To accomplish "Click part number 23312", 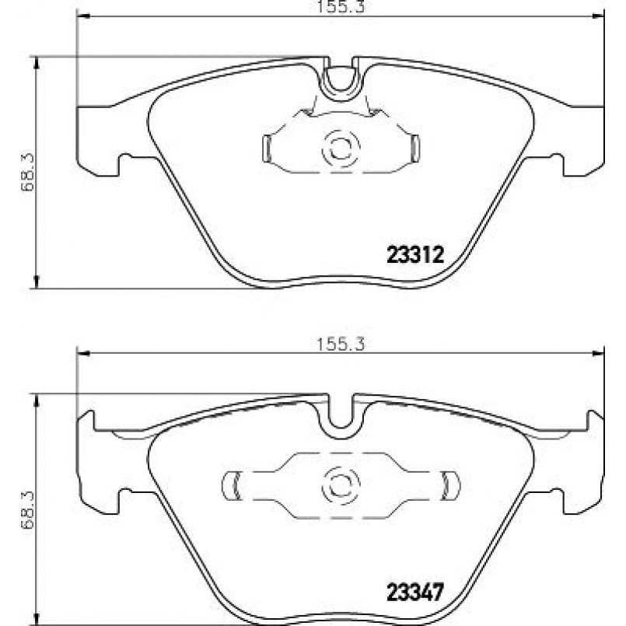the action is click(415, 254).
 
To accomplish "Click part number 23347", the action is click(415, 592).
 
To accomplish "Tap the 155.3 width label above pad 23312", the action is click(341, 7).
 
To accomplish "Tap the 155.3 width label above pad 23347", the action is click(341, 344).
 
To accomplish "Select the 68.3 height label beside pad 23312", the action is click(29, 172).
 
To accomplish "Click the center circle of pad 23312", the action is click(341, 148).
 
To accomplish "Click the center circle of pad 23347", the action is click(341, 485).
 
